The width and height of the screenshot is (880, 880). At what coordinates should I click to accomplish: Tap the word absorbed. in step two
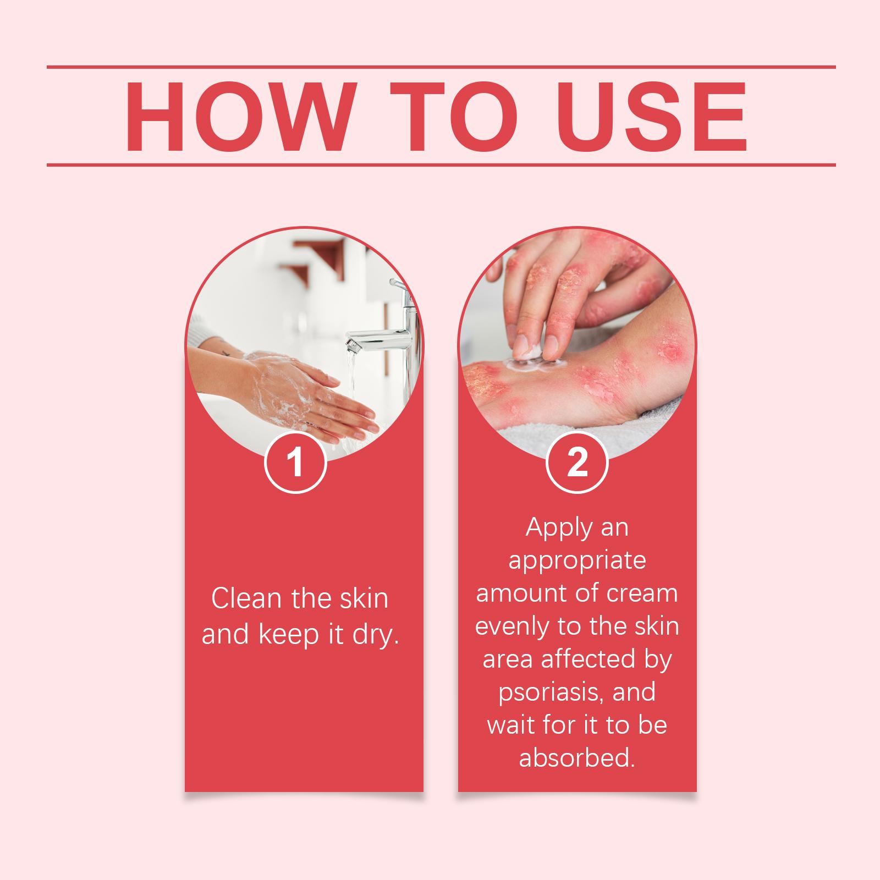coord(577,758)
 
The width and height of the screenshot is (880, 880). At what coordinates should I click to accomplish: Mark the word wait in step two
coord(510,725)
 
